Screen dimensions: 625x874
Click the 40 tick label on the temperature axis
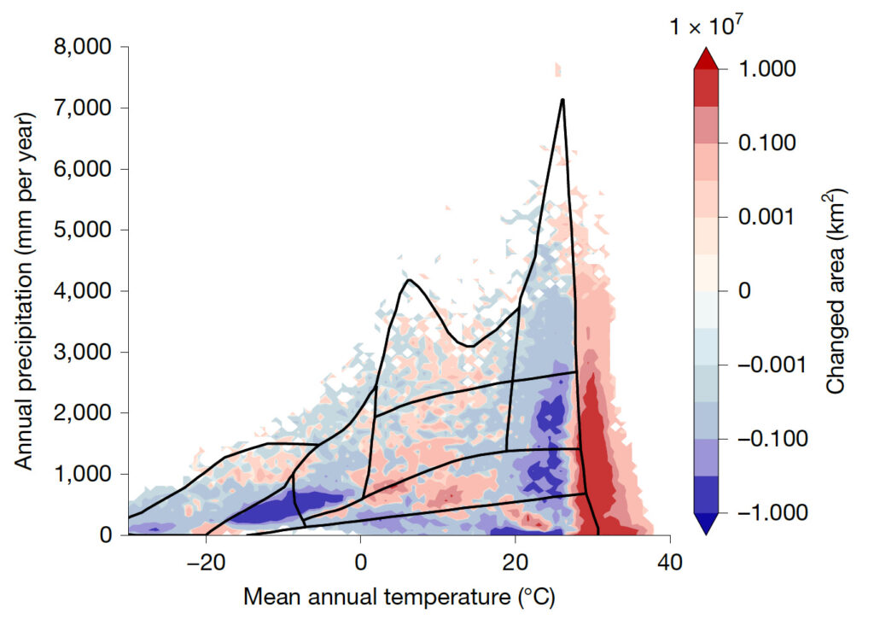point(670,564)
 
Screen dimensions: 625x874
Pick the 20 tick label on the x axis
point(515,564)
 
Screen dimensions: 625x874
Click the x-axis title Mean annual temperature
point(399,598)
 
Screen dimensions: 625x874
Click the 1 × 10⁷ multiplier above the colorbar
point(707,27)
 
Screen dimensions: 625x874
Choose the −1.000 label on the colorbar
point(758,512)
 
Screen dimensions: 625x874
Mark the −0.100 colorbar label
point(758,439)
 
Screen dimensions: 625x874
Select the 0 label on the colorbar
point(744,291)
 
